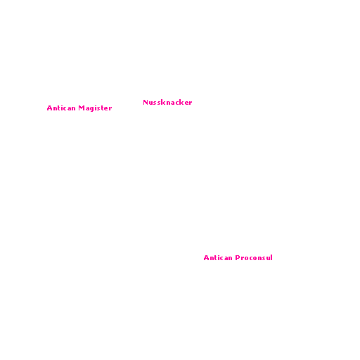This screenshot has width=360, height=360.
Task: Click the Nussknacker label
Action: (167, 103)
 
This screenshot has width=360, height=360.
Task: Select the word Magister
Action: (95, 108)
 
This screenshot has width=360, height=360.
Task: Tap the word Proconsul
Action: (254, 258)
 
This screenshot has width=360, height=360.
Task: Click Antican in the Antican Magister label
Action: (61, 108)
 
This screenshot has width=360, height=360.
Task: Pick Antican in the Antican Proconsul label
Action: (218, 258)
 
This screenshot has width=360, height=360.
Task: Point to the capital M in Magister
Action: (82, 108)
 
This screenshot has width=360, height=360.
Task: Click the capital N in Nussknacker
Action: (146, 103)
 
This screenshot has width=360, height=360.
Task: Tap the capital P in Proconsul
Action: (238, 258)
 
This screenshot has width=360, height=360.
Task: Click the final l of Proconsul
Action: (271, 257)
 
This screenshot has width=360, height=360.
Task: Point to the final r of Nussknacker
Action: (190, 103)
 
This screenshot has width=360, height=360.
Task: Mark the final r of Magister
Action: (110, 109)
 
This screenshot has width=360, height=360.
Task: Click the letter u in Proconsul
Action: (266, 259)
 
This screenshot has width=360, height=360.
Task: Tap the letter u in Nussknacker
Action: (151, 103)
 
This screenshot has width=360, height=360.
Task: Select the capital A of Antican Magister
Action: (50, 108)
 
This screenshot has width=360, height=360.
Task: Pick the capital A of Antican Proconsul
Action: (207, 258)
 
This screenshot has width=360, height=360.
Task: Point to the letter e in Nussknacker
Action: (186, 103)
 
